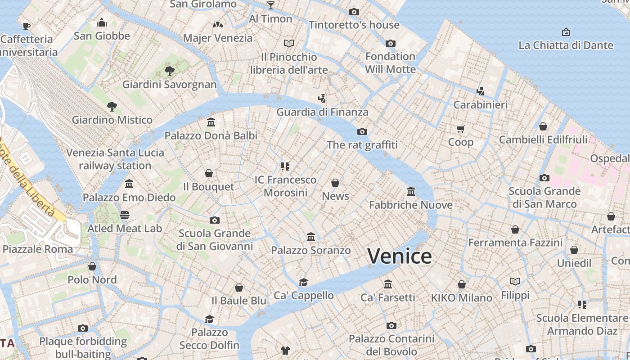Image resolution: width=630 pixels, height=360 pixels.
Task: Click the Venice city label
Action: pos(400,256)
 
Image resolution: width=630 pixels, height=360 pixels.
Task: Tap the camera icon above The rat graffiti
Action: pos(362,131)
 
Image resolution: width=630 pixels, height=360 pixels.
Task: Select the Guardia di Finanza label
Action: pos(322,112)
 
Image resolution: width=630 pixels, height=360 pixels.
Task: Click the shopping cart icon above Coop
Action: pos(460,129)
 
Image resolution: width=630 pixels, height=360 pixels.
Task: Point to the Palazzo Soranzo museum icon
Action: pos(311,237)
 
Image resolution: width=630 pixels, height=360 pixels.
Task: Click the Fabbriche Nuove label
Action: pos(410,205)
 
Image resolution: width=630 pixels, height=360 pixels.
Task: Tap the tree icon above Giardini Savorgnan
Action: pos(170,71)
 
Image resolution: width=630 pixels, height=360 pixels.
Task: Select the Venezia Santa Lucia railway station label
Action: pos(115,159)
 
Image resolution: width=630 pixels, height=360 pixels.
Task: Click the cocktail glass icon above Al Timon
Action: pos(270,5)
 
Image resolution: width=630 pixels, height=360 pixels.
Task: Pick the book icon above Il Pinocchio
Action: pos(289,43)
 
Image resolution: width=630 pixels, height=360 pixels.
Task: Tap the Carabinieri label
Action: pos(480,105)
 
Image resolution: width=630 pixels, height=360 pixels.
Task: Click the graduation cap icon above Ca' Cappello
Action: pos(304,282)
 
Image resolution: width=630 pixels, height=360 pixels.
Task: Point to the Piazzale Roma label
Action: pos(38,249)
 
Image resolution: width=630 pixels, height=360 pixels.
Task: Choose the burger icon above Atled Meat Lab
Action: pos(125,215)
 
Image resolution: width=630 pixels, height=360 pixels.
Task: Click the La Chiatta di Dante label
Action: pos(566,45)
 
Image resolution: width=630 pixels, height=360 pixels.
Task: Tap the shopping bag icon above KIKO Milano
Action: pos(462,284)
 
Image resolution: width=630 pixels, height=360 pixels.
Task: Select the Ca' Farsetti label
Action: pos(388,297)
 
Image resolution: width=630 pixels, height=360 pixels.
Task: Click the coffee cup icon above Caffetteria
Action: pos(27,26)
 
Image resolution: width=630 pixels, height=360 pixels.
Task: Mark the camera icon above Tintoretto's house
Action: pos(354,12)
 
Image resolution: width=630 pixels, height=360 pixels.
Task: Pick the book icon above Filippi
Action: pos(515,282)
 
